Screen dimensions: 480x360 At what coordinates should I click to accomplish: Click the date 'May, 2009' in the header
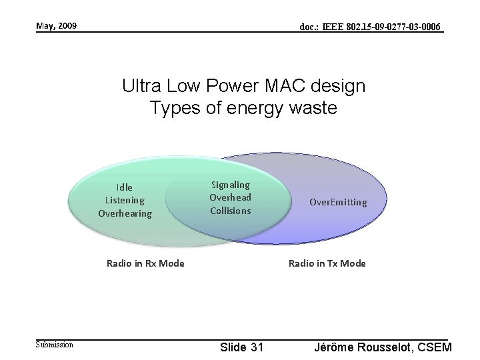tap(56, 26)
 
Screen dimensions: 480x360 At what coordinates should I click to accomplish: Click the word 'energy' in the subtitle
tap(254, 108)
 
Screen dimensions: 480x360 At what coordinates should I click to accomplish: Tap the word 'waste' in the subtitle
tap(313, 108)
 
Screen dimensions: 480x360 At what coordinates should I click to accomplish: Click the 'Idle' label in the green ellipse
tap(125, 187)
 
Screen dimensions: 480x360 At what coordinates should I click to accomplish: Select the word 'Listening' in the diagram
tap(125, 200)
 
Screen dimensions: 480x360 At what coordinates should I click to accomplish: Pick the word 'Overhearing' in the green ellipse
tap(125, 213)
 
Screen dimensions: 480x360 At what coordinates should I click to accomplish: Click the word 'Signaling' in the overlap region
tap(230, 185)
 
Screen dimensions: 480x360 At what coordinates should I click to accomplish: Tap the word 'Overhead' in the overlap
tap(230, 197)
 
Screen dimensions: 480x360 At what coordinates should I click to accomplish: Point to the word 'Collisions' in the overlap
tap(230, 211)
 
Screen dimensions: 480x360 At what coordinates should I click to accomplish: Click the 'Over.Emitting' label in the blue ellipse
tap(337, 202)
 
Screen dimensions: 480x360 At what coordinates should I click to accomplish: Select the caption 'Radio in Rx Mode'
tap(145, 263)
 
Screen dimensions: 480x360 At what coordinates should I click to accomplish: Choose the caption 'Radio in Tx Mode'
tap(327, 263)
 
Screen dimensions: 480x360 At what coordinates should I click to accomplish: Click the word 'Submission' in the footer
tap(55, 344)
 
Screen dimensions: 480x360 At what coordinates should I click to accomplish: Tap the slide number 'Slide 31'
tap(241, 347)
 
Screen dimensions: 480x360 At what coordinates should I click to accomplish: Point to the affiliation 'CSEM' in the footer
tap(435, 347)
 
